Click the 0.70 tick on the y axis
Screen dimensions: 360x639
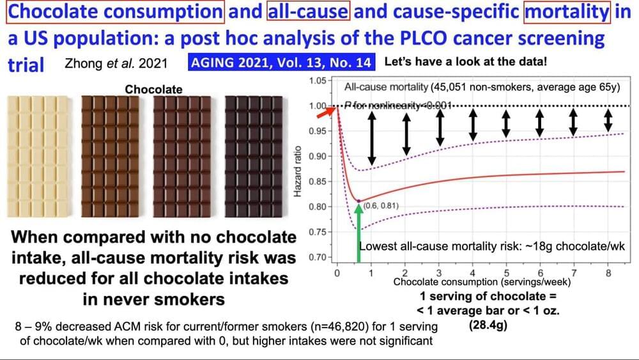coord(317,258)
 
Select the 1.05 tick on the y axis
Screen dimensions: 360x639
coord(317,81)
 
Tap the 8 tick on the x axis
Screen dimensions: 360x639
coord(608,272)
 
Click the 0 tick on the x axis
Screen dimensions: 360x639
coord(337,272)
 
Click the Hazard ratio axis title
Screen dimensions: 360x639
coord(298,169)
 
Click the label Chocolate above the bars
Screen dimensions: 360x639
coord(153,90)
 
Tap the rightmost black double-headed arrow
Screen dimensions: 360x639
coord(608,118)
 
